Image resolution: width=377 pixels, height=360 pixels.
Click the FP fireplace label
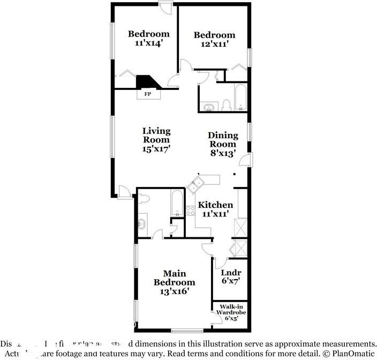pyautogui.click(x=148, y=94)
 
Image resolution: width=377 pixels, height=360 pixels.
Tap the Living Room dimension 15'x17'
pyautogui.click(x=156, y=149)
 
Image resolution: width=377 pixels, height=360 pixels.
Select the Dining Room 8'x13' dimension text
pyautogui.click(x=222, y=153)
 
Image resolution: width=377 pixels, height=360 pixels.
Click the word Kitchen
pyautogui.click(x=215, y=205)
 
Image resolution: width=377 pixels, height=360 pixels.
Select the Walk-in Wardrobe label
pyautogui.click(x=231, y=312)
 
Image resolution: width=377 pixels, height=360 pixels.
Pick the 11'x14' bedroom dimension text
pyautogui.click(x=148, y=44)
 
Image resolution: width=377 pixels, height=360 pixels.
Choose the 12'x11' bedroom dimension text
pyautogui.click(x=214, y=44)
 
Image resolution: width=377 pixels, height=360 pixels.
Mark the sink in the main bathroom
pyautogui.click(x=142, y=224)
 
